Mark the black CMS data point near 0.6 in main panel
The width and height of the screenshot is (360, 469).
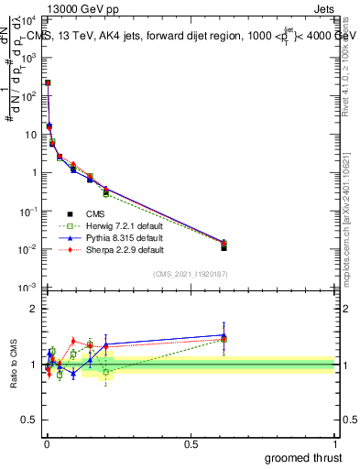[224, 247]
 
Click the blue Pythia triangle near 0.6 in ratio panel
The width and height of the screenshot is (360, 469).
[224, 335]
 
